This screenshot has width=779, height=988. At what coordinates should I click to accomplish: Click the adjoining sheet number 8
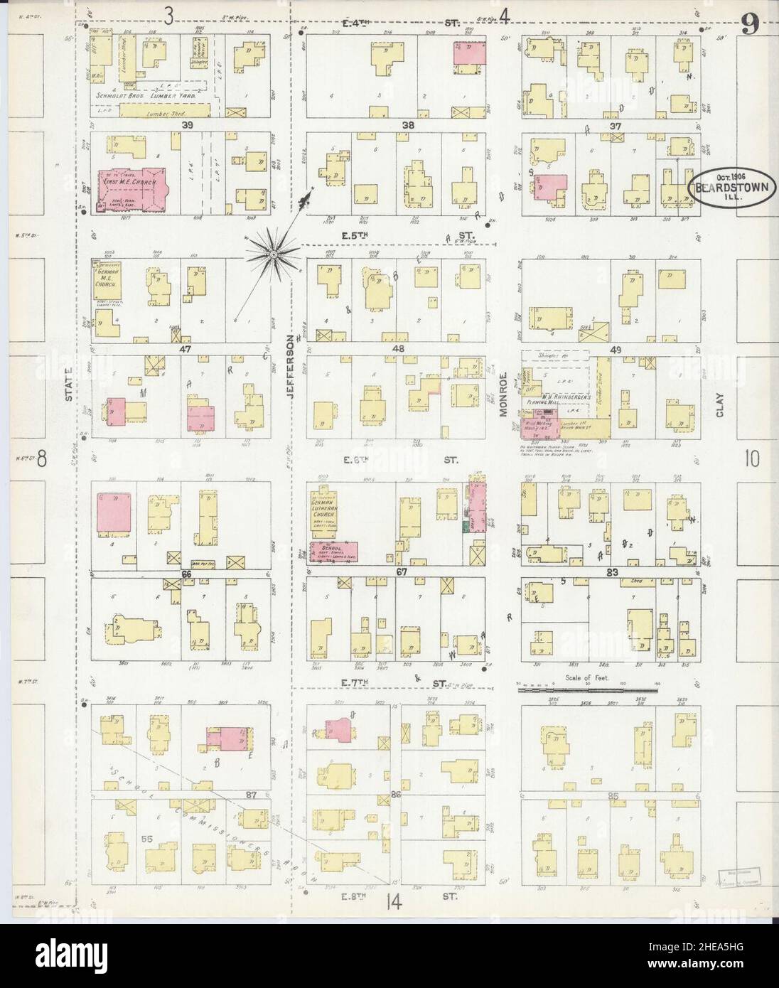click(42, 460)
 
